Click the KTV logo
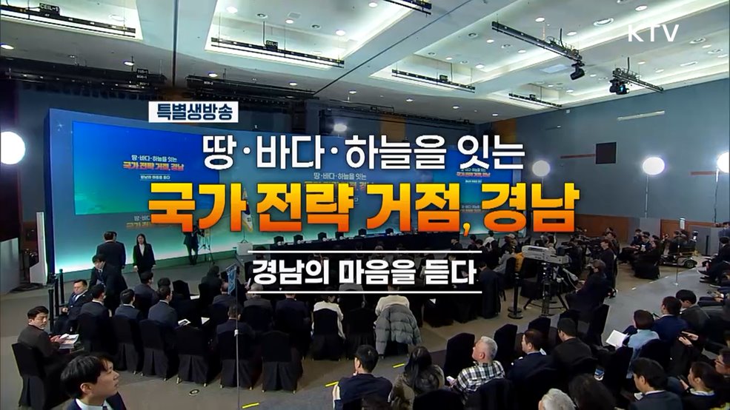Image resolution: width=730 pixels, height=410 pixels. (653, 33)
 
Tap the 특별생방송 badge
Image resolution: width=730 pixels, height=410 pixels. (193, 112)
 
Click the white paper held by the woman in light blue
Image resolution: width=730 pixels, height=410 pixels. (617, 338)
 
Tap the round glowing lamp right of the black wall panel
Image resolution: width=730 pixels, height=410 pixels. (652, 166)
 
